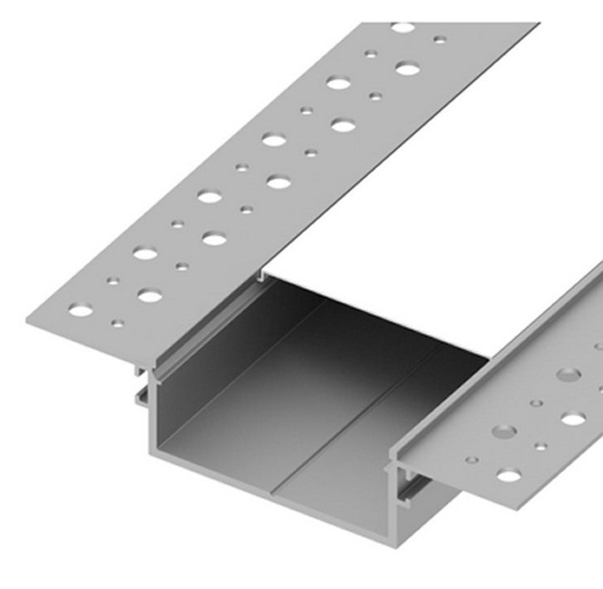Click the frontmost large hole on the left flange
(x=80, y=310)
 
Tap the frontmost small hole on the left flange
(x=118, y=323)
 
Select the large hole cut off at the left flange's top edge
(x=403, y=28)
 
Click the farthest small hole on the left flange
(x=439, y=39)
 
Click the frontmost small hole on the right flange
(x=472, y=458)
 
